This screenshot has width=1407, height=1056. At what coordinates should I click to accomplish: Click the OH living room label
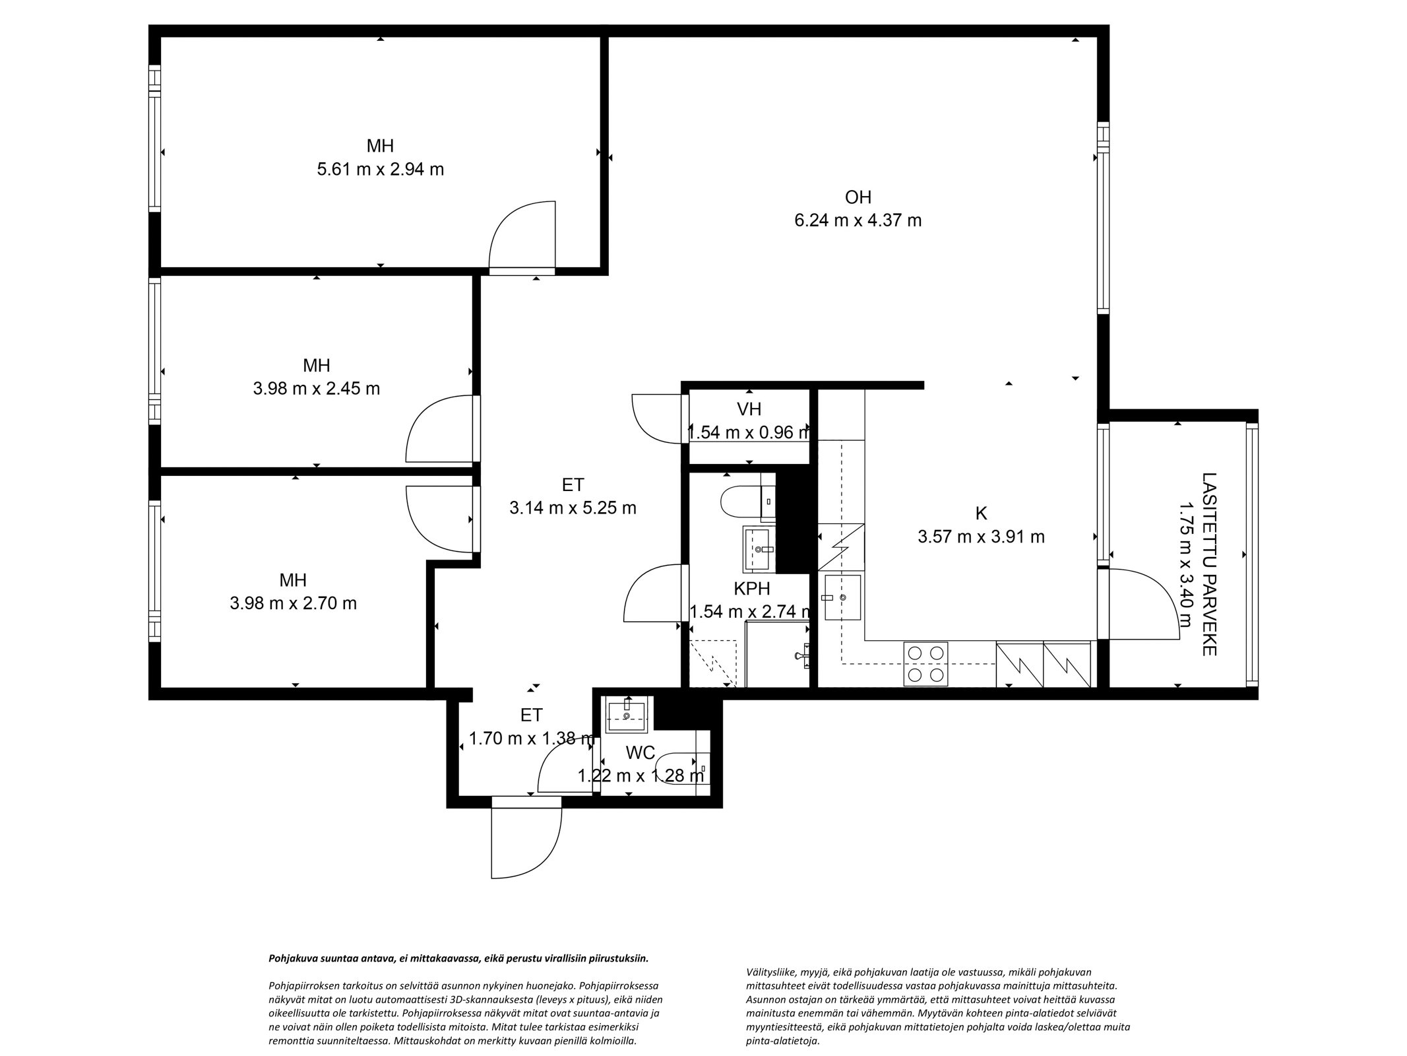pyautogui.click(x=858, y=197)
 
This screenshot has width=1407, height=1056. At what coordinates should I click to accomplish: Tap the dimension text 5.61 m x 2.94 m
pyautogui.click(x=380, y=170)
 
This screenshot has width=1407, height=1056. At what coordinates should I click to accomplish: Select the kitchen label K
pyautogui.click(x=981, y=513)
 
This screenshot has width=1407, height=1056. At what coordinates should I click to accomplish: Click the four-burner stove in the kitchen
pyautogui.click(x=925, y=664)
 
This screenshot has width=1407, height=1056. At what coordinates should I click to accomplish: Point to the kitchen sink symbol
pyautogui.click(x=842, y=597)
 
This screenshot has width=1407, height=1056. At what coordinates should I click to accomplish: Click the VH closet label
pyautogui.click(x=749, y=409)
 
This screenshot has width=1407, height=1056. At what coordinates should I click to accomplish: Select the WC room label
pyautogui.click(x=640, y=752)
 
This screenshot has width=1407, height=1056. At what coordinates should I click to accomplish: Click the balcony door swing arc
pyautogui.click(x=1148, y=604)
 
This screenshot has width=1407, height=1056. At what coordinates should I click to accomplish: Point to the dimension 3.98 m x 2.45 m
pyautogui.click(x=316, y=389)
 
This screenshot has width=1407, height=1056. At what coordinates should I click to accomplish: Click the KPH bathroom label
pyautogui.click(x=751, y=588)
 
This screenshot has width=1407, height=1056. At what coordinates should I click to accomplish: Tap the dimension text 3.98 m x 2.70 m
pyautogui.click(x=293, y=603)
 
